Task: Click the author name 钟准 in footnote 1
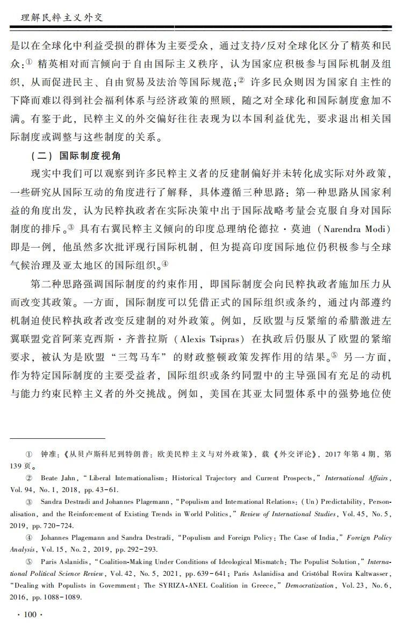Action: click(x=48, y=454)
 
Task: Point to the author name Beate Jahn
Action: click(x=59, y=478)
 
